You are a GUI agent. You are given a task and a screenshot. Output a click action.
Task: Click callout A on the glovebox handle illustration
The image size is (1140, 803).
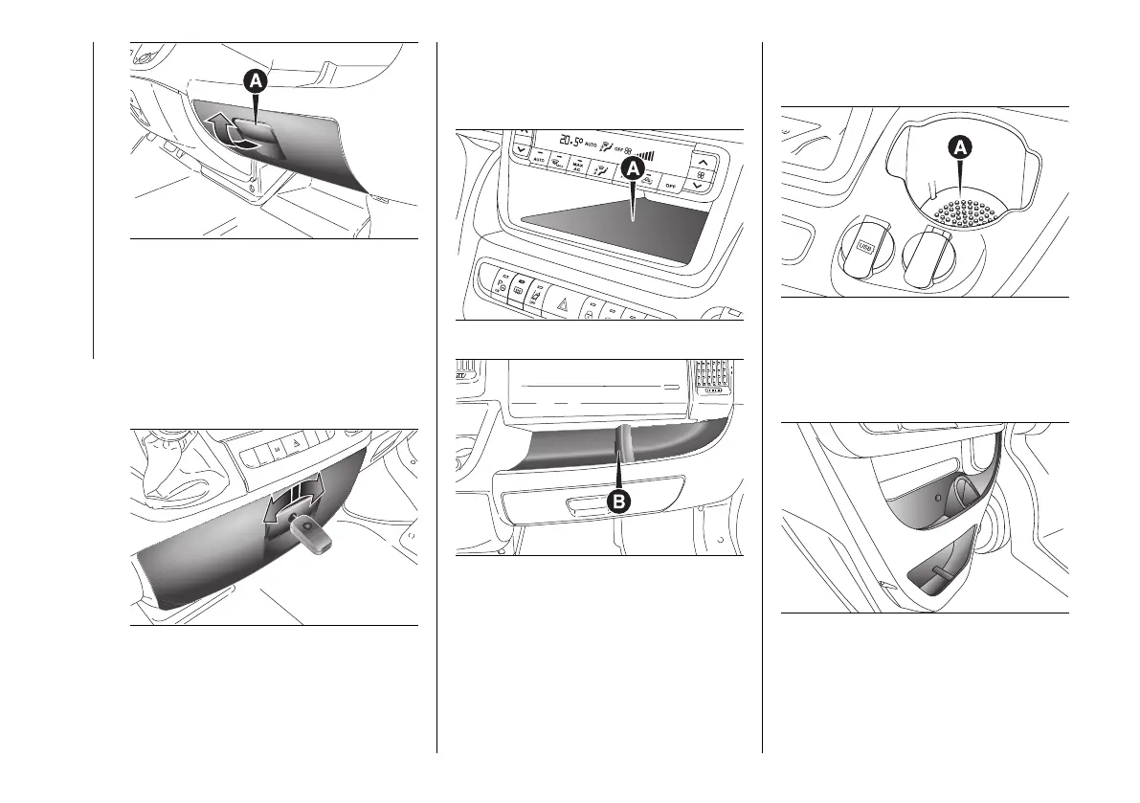pyautogui.click(x=256, y=83)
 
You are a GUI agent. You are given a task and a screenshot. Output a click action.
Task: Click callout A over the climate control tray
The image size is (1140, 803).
pyautogui.click(x=632, y=169)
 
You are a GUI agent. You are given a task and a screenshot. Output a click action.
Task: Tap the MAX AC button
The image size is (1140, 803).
pyautogui.click(x=577, y=165)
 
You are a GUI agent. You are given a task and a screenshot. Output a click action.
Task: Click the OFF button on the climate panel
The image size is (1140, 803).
pyautogui.click(x=671, y=185)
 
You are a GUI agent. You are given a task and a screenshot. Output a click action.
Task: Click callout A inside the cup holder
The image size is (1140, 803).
pyautogui.click(x=959, y=146)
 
